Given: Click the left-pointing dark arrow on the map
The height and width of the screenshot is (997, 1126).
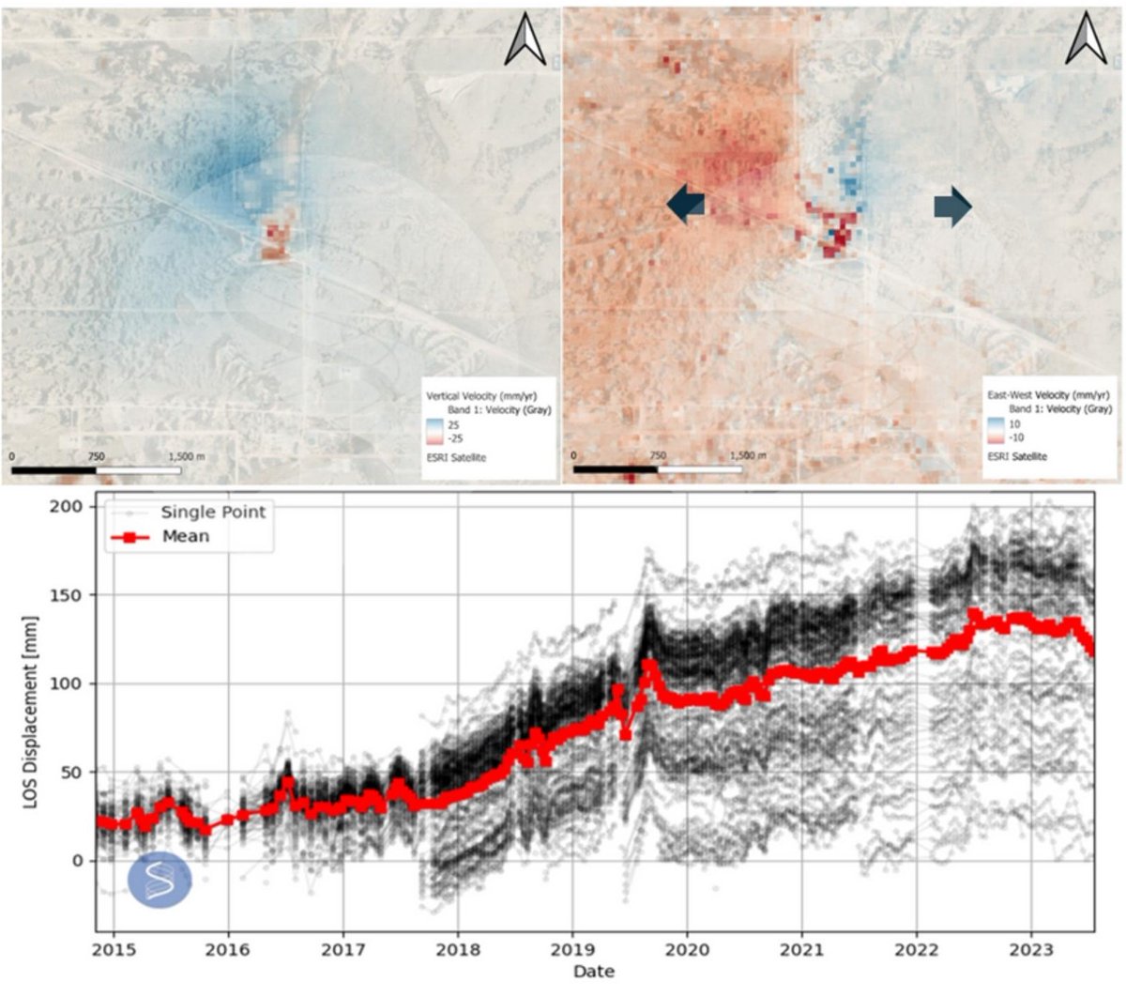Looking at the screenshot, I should tap(686, 205).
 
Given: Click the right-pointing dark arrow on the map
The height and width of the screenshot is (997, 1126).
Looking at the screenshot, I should tap(952, 206).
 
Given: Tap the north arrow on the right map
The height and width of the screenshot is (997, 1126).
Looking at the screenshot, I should tap(1086, 41).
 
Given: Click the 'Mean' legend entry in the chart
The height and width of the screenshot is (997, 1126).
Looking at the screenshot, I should tap(185, 537).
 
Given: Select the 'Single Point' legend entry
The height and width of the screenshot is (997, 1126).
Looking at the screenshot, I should tap(212, 513).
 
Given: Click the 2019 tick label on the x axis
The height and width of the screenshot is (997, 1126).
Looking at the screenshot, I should tap(571, 949).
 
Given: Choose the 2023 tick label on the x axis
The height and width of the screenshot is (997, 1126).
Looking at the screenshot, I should tap(1030, 949).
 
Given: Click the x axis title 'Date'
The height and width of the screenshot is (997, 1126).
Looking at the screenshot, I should tap(593, 972).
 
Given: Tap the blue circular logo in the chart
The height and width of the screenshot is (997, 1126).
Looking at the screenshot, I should tap(160, 880).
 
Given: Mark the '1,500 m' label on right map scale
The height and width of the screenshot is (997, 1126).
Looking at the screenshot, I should tap(747, 455).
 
